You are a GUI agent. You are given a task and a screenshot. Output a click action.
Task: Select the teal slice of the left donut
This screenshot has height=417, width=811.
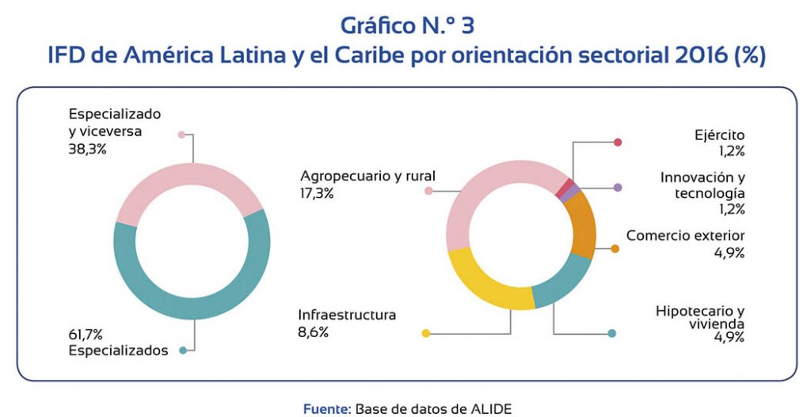pos(192,309)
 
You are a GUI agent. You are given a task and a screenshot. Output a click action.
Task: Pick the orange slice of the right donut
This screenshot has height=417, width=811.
pos(584,222)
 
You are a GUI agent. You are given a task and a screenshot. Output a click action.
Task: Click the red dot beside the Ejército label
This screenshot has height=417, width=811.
pos(617,142)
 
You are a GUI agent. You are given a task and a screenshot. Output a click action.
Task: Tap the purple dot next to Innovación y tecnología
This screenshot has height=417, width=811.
pos(617,188)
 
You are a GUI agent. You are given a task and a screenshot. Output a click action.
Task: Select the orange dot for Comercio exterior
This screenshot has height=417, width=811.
pos(615,248)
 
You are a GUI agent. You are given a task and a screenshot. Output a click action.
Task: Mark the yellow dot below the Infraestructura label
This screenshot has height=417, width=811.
pos(426,333)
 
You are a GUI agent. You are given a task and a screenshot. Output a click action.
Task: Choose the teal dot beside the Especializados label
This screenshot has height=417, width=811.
pos(183,351)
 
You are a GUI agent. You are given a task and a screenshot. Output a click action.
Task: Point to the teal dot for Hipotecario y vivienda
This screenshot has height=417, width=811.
pos(612,333)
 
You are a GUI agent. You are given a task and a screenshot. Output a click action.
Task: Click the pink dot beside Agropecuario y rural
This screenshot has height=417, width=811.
pos(428,191)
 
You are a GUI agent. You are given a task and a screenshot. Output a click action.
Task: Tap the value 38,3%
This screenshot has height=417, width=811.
pos(87,150)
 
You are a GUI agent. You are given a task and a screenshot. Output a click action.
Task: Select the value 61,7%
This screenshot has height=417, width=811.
pos(86,335)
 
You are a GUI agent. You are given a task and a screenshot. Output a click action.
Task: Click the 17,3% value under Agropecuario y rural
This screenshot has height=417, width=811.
pos(317,193)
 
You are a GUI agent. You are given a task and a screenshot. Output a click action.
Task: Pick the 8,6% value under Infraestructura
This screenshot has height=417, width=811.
pos(313,332)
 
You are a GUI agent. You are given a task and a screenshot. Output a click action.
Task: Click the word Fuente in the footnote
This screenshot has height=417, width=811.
pos(326,409)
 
